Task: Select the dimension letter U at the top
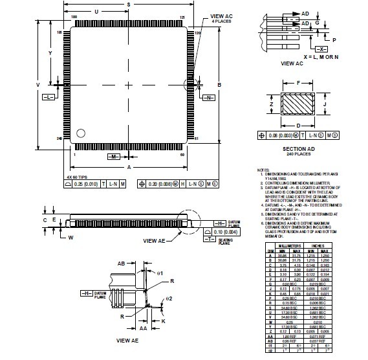point(96,12)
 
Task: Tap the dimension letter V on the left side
point(38,85)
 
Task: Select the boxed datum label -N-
point(210,97)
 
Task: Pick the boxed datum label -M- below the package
point(111,157)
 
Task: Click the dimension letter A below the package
point(129,167)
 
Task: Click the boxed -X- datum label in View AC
point(323,49)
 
